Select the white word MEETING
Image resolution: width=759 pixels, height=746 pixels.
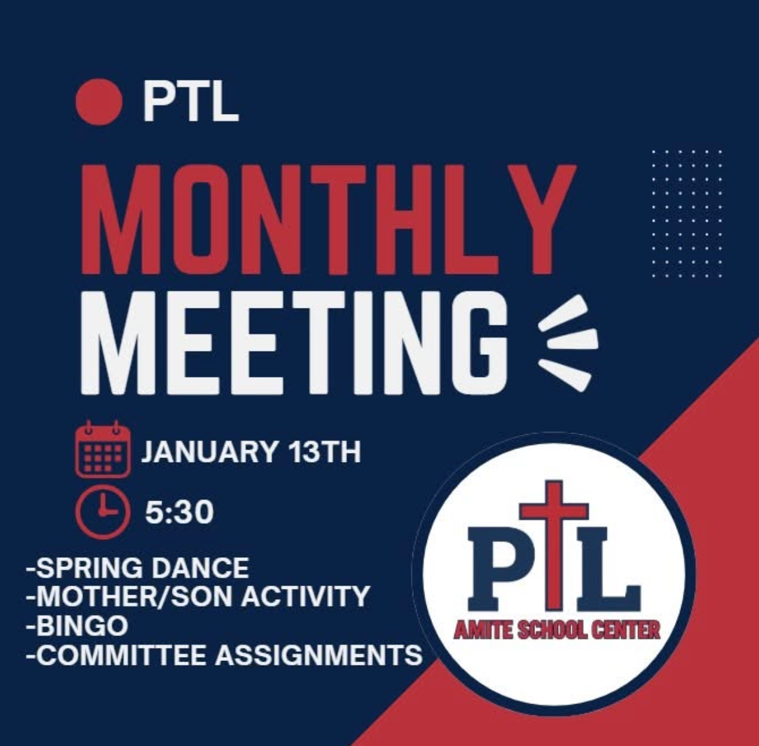(x=303, y=345)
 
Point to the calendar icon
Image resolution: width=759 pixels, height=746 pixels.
(x=103, y=449)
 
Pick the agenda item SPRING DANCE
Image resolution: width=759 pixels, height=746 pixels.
(x=137, y=568)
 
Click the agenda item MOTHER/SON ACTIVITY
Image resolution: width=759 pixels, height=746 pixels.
(x=198, y=597)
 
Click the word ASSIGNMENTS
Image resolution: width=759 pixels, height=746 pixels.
(x=319, y=655)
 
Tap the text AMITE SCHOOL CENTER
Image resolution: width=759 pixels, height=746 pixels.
(x=557, y=629)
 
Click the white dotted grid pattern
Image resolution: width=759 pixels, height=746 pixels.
(x=687, y=213)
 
